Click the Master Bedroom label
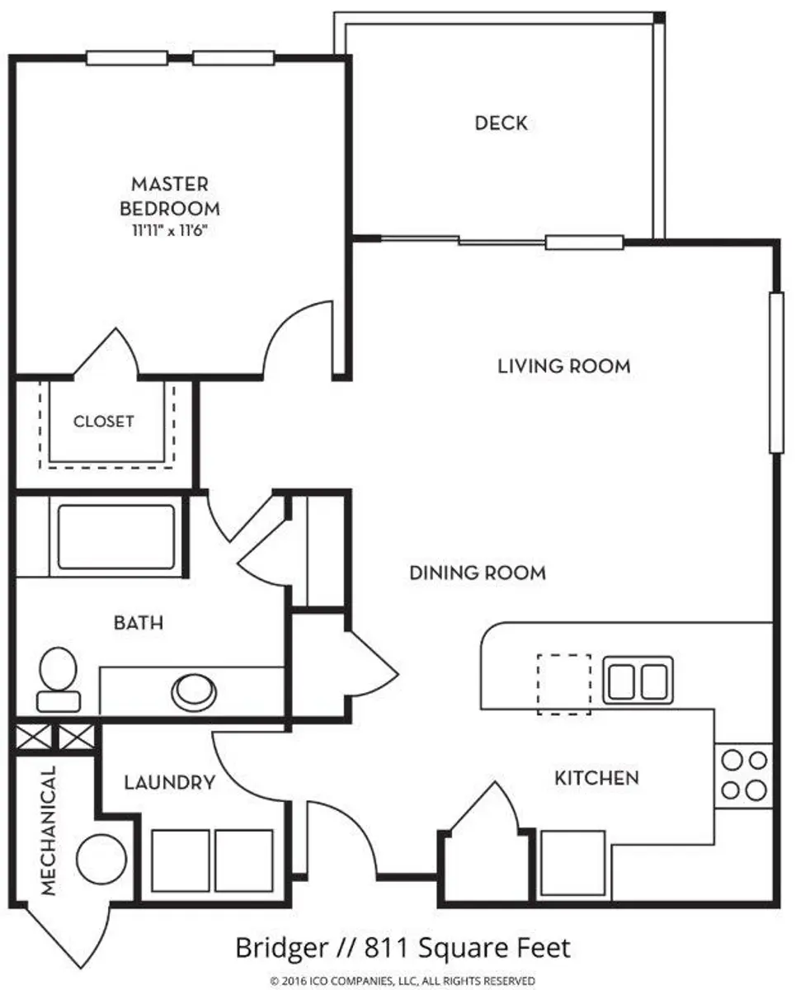click(170, 195)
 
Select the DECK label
click(501, 124)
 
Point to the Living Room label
click(563, 365)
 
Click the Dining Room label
click(477, 573)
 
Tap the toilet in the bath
click(59, 679)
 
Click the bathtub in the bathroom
click(115, 536)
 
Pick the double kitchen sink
click(637, 680)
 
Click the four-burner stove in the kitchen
click(743, 775)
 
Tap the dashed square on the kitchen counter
click(564, 683)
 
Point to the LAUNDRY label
click(170, 782)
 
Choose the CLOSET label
click(104, 421)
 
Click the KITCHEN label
click(596, 778)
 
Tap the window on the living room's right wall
click(775, 373)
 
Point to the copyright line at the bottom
click(403, 980)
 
